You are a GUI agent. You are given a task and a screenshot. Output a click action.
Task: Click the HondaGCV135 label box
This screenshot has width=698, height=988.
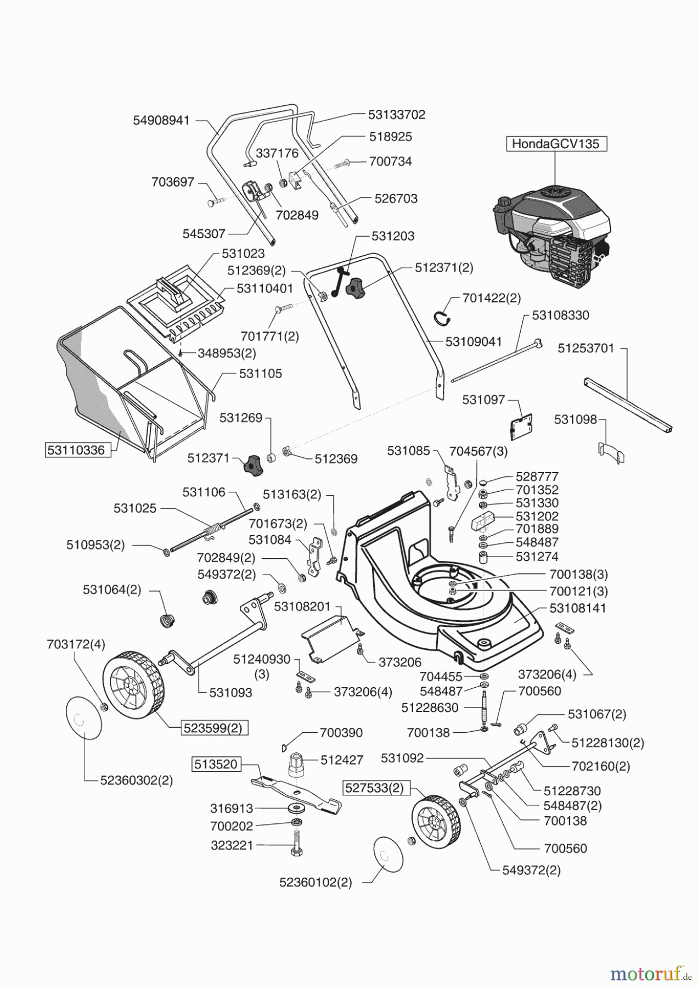click(x=556, y=144)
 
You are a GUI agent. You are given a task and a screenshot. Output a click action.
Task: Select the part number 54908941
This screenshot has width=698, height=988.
click(x=161, y=120)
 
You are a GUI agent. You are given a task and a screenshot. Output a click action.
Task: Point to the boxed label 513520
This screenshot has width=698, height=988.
click(x=216, y=764)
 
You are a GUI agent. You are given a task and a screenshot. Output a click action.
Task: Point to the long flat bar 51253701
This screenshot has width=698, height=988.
click(x=629, y=405)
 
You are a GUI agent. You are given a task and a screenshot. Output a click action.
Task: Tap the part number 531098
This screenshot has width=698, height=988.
click(x=575, y=420)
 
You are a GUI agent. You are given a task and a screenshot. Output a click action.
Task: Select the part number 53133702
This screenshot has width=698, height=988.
click(x=396, y=115)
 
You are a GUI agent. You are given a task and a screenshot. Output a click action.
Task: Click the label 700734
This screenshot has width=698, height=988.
click(x=391, y=161)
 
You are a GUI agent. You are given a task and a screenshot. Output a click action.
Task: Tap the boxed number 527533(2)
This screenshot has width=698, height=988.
click(x=373, y=788)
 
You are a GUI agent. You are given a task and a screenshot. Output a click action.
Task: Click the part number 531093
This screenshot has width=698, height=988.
click(x=230, y=693)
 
